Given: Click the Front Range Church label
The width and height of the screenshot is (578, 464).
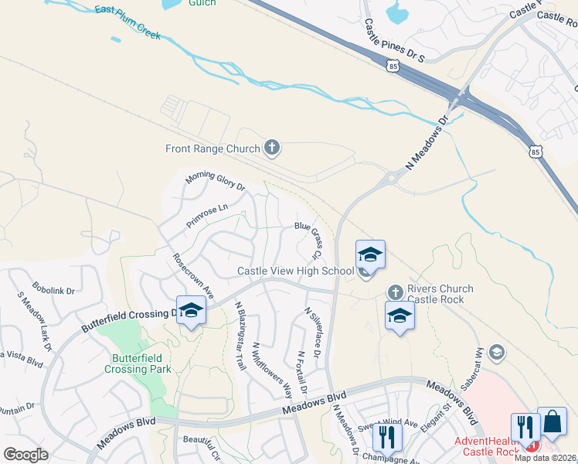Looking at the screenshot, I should pos(212,148).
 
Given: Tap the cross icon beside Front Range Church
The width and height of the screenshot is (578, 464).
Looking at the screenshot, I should pos(271,147).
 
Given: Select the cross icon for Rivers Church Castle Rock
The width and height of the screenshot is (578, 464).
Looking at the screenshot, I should pos(395,292).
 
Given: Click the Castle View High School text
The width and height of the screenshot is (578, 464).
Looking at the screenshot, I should pos(295,271).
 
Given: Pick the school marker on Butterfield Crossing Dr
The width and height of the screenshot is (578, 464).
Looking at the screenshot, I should pos(191,311).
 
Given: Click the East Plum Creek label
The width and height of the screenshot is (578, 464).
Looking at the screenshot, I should pos(127,22).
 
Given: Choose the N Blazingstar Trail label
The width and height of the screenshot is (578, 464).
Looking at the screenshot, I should pos(240,335).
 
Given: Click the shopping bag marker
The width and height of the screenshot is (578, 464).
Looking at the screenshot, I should pos(552,422).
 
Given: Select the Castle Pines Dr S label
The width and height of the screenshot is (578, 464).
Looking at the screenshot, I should pos(395,43).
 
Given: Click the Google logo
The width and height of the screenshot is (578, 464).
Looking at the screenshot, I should pos(25,455).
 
